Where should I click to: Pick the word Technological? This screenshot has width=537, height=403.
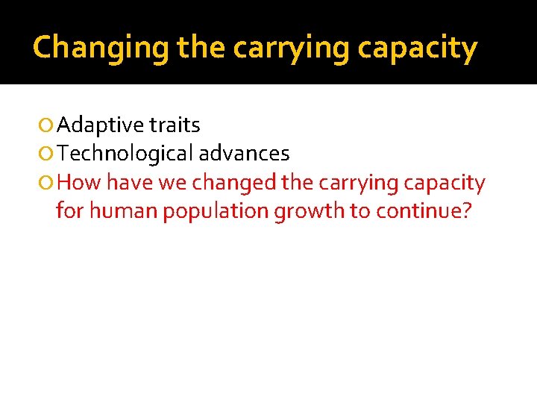(x=125, y=154)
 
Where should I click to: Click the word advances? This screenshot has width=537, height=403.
(x=244, y=154)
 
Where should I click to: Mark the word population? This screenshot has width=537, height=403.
(x=216, y=211)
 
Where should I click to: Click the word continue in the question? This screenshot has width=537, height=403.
(x=418, y=211)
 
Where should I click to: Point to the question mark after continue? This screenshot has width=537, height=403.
(x=467, y=211)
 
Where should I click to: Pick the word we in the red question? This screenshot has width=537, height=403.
(x=172, y=183)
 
